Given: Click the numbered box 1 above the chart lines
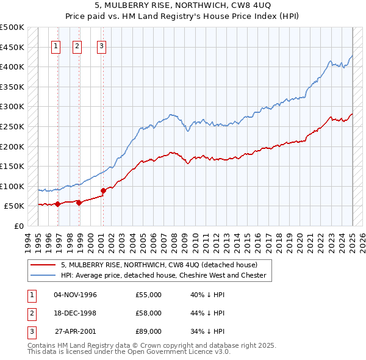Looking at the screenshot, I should pos(56,47).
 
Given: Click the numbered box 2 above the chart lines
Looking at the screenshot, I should pos(77,47).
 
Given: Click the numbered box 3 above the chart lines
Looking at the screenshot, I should pos(101,47).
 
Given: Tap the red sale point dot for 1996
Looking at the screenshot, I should pos(57,204).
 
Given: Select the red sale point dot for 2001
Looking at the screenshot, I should pos(103,190).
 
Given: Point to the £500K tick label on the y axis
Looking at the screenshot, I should pos(12,27).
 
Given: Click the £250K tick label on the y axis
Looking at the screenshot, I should pos(12,126).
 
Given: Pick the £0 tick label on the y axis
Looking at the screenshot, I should pos(19,226).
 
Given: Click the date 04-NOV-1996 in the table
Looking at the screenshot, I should pos(76,295).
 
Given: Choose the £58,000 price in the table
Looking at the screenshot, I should pos(149,313).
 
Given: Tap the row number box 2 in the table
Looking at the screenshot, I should pos(31,313).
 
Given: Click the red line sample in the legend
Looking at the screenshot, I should pos(43,265).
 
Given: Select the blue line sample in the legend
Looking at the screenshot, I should pos(43,275).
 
